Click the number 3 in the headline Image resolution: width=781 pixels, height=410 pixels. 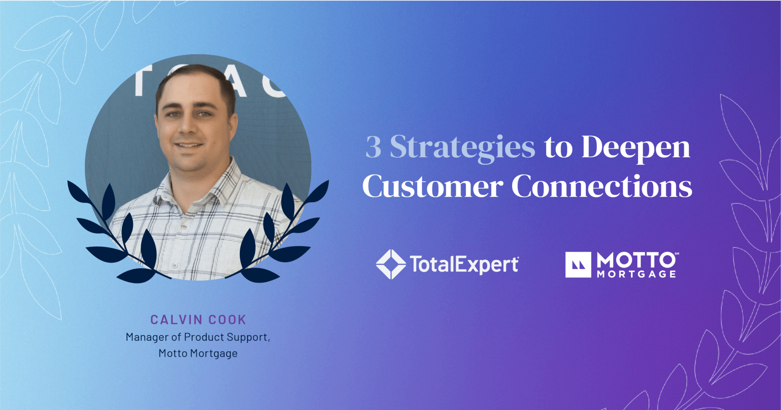[373, 147]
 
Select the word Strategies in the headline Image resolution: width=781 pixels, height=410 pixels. [463, 148]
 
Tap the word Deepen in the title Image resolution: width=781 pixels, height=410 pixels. [636, 148]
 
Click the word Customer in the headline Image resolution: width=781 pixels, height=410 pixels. [433, 186]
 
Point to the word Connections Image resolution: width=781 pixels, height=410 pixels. [602, 186]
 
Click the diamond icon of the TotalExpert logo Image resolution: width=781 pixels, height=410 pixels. [391, 264]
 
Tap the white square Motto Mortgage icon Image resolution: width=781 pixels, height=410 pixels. [578, 264]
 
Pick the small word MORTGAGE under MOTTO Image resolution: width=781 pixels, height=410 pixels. [636, 274]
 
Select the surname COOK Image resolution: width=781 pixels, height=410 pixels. [227, 320]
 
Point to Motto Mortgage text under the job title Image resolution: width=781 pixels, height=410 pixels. [198, 354]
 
